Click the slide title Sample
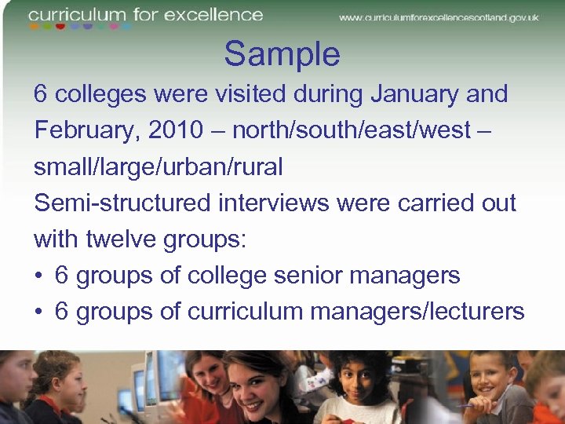[x=282, y=54]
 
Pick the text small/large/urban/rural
[x=158, y=166]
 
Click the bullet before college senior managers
[x=39, y=276]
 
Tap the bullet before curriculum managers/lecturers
[x=39, y=312]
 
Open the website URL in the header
[x=439, y=17]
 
